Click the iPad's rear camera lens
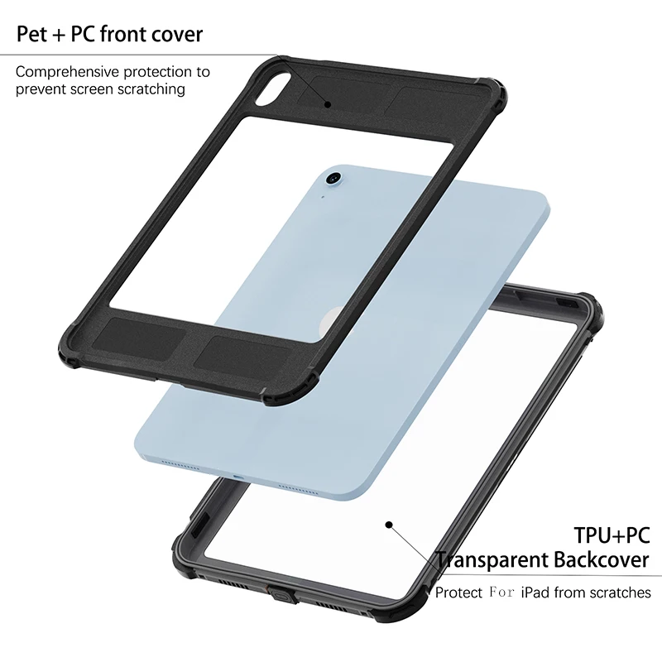click(x=334, y=178)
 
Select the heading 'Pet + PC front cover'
click(x=109, y=34)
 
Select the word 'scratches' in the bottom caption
click(x=620, y=592)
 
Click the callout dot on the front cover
click(x=328, y=104)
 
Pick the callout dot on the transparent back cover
click(x=387, y=523)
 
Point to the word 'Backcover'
click(x=598, y=560)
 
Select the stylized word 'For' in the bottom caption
click(x=501, y=592)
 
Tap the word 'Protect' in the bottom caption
click(x=459, y=592)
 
